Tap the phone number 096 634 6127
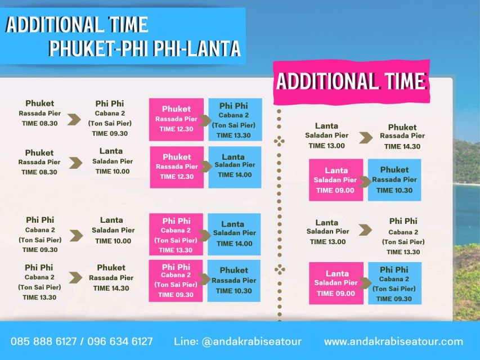pos(120,341)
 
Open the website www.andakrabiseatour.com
pos(393,341)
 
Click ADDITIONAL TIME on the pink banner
pos(351,82)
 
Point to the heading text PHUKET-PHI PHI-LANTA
pos(145,48)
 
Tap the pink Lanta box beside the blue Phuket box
pos(336,180)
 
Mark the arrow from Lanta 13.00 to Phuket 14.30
pos(366,137)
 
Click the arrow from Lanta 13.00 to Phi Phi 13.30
pos(366,229)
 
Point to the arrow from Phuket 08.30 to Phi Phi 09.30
pos(74,119)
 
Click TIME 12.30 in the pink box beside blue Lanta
pos(176,177)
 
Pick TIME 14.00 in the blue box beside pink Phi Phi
pos(233,244)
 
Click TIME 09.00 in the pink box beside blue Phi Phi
pos(336,293)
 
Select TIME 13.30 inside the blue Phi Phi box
pos(234,135)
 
